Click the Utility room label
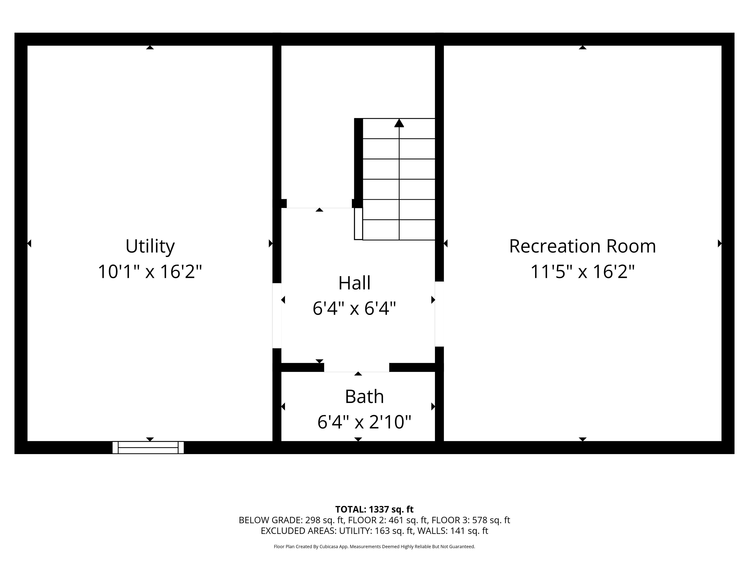pos(150,246)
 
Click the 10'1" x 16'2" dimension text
pos(150,271)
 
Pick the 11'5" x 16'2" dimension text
pos(582,271)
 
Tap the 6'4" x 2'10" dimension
pos(364,422)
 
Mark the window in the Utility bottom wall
pos(148,447)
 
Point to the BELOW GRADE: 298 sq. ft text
pos(291,520)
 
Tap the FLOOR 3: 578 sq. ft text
pos(471,520)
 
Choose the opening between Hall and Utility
pos(277,316)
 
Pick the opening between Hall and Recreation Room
pos(439,314)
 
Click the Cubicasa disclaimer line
pos(374,546)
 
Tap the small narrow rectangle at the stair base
pos(358,224)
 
